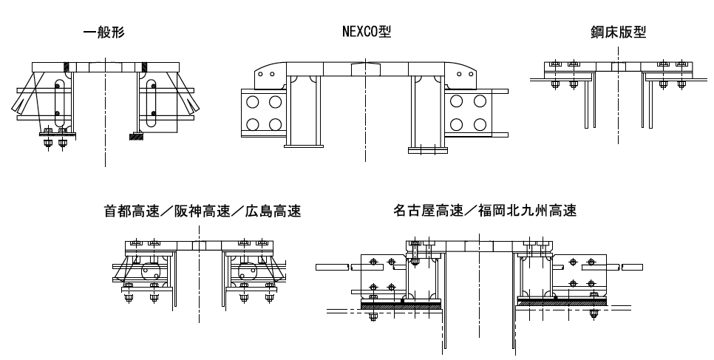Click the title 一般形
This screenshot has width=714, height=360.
click(x=104, y=33)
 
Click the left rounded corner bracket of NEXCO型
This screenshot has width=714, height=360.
click(x=268, y=75)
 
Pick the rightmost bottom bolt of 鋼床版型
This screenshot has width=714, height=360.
click(x=663, y=88)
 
